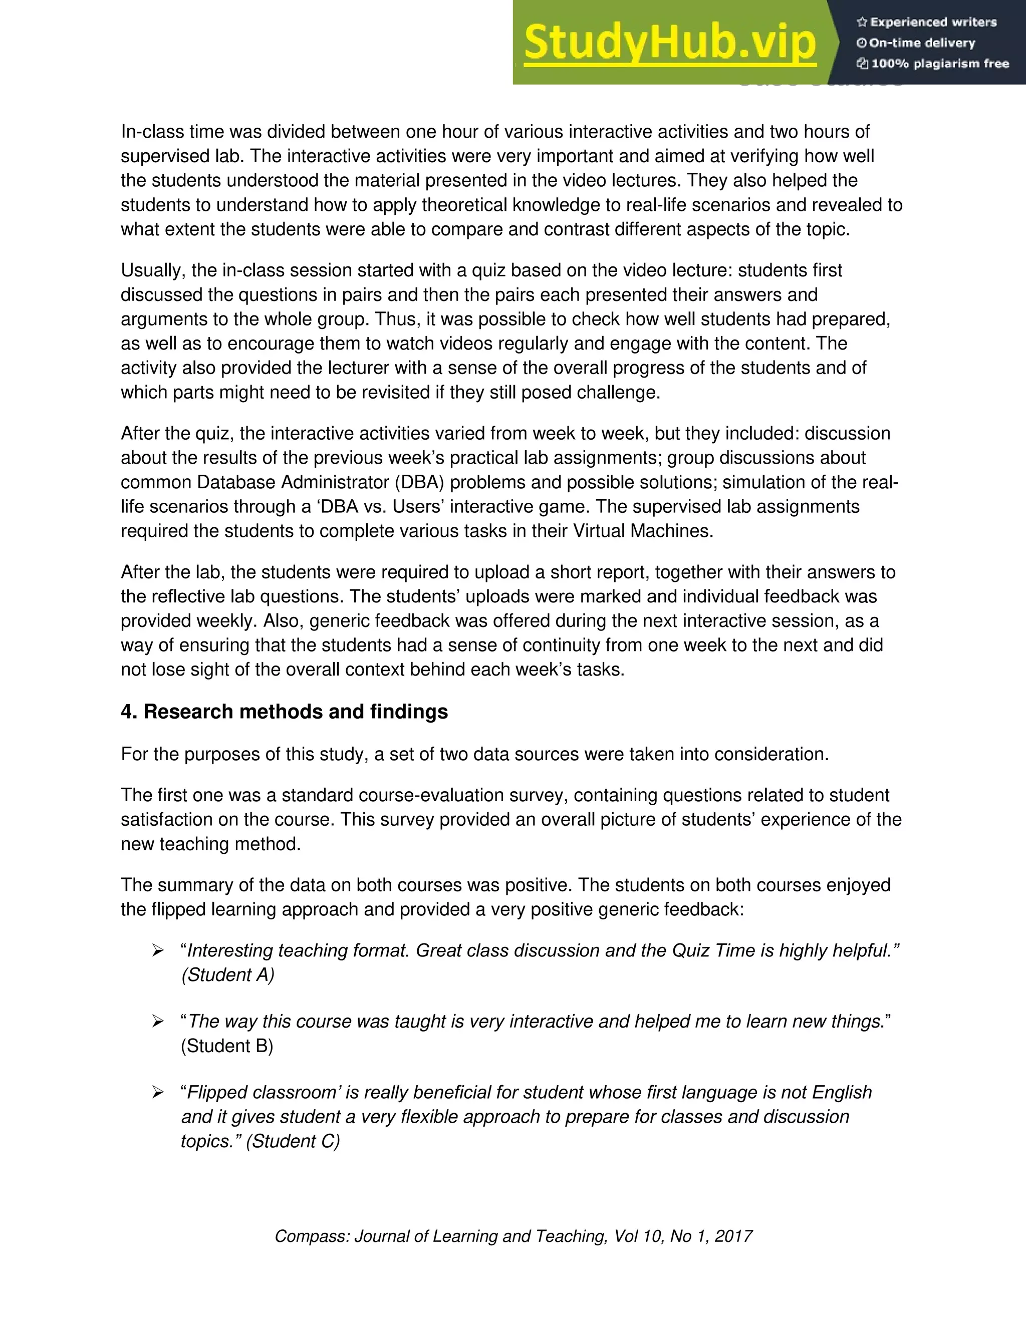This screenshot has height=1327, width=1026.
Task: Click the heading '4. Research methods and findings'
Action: (284, 712)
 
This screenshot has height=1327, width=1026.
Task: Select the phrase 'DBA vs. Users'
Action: (382, 507)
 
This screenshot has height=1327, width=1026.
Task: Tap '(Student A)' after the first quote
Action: (228, 975)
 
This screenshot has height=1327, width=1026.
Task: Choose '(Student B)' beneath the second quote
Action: (227, 1046)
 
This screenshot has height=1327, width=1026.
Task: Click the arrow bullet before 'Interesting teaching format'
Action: (158, 951)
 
